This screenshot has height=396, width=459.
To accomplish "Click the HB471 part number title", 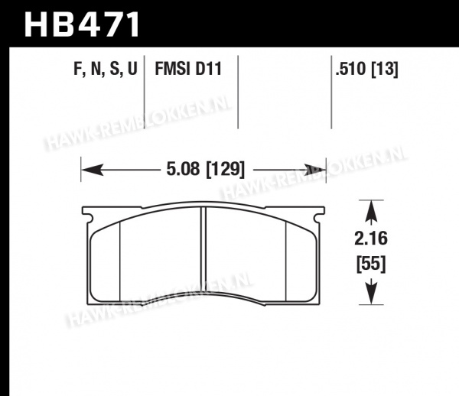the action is (82, 24).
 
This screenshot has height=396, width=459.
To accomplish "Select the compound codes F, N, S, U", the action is (106, 70).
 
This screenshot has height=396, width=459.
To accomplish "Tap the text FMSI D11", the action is (188, 69).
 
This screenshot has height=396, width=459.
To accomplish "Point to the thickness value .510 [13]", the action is (366, 70).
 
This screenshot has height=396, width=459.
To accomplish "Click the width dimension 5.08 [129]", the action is (205, 170).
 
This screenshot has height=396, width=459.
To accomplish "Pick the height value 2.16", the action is (371, 238).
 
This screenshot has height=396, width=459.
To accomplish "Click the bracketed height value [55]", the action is (371, 264).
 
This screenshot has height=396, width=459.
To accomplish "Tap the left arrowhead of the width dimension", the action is (93, 170).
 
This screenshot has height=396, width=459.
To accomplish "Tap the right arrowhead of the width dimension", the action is (315, 170).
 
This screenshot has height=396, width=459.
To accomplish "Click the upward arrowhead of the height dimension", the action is (371, 211).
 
